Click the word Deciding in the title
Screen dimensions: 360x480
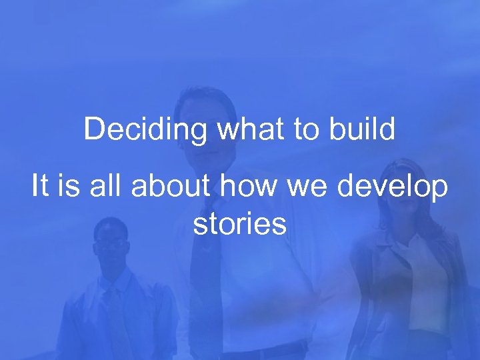(145, 130)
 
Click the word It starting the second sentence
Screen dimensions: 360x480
(40, 187)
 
